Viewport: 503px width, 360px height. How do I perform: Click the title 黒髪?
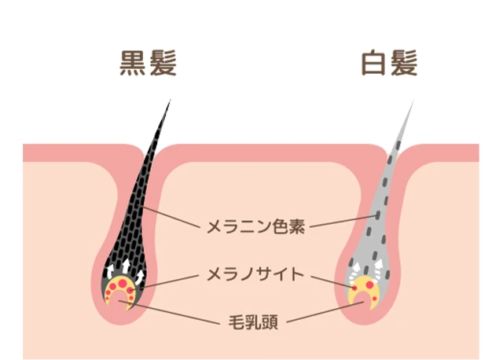(148, 64)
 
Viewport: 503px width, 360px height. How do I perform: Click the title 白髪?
(391, 64)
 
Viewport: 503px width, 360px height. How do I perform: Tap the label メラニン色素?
(255, 227)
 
